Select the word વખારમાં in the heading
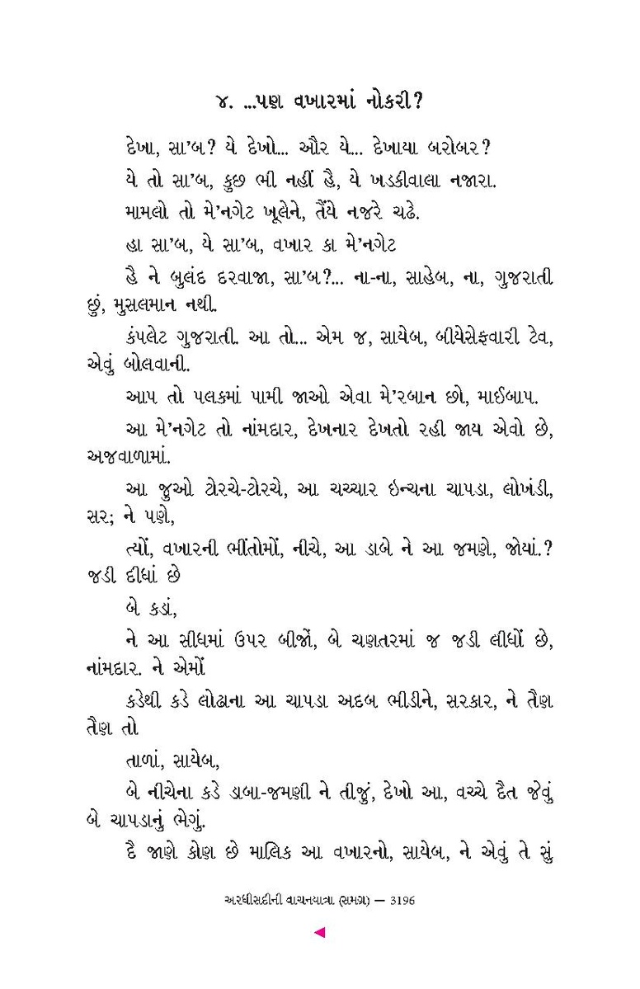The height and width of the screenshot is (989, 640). point(312,102)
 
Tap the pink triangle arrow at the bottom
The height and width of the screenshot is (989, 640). point(320,933)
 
